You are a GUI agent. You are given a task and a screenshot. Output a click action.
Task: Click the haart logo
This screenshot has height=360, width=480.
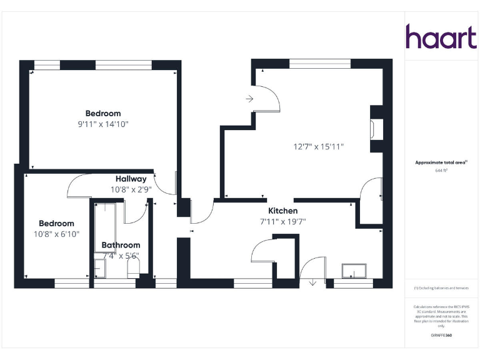tap(441, 37)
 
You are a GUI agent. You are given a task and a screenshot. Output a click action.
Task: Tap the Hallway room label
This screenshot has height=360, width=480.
tap(131, 179)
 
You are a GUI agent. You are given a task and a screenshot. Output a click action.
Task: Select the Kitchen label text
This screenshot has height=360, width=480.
tap(282, 211)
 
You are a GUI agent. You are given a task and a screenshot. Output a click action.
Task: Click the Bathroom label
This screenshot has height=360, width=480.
tap(121, 245)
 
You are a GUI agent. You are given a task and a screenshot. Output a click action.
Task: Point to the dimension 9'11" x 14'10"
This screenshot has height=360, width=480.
tap(103, 124)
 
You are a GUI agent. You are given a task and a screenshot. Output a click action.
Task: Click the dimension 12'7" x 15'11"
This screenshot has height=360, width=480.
tap(319, 147)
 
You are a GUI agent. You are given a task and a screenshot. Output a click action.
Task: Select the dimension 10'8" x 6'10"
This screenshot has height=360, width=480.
tap(56, 234)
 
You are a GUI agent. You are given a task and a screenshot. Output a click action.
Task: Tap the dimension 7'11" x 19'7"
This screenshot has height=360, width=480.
tap(282, 221)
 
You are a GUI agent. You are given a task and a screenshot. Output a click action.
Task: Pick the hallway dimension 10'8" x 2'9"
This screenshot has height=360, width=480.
tap(131, 189)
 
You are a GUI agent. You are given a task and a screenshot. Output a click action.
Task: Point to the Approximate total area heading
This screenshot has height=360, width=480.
tap(441, 162)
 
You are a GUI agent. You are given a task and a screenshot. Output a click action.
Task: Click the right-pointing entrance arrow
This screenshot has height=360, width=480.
tap(249, 99)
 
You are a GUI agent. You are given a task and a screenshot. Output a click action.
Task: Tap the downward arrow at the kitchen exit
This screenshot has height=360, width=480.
tap(313, 282)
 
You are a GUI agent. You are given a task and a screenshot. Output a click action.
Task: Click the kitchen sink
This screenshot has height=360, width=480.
tap(354, 271)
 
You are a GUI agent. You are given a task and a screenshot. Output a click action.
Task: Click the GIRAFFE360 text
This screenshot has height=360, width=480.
tap(441, 336)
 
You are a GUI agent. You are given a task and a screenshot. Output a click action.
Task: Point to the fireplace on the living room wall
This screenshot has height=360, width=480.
tap(374, 129)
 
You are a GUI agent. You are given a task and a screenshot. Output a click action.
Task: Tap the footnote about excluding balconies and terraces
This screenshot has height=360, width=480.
tap(441, 288)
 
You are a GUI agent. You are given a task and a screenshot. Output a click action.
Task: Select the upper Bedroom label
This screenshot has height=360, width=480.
tap(103, 113)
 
